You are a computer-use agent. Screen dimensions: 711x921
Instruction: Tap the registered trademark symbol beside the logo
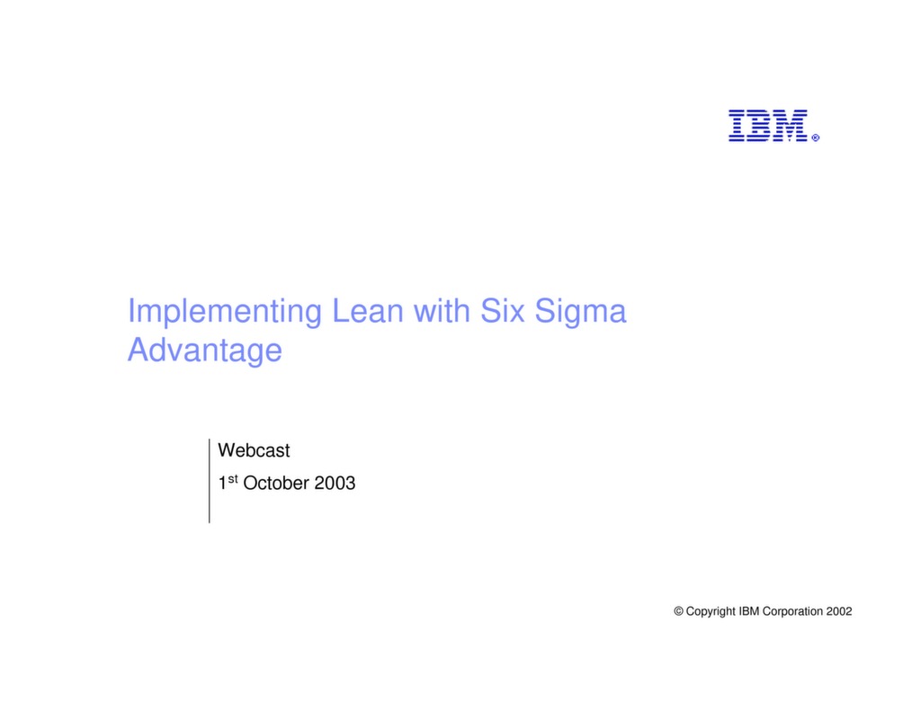pos(815,138)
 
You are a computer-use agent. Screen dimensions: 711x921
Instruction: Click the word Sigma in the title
pos(581,312)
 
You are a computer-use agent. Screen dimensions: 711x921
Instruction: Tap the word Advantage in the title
pos(204,350)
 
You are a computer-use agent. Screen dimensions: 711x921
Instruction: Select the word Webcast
pos(255,450)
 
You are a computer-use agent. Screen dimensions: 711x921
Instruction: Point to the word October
pos(276,484)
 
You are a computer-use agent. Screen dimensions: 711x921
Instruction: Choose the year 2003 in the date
pos(335,484)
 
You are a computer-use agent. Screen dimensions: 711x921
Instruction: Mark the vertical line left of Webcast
pos(209,480)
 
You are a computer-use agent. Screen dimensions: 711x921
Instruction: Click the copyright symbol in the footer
pos(678,611)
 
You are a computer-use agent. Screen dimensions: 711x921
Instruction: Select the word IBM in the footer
pos(749,611)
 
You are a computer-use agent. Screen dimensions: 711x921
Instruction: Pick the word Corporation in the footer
pos(794,611)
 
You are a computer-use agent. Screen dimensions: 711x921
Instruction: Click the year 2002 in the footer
pos(839,611)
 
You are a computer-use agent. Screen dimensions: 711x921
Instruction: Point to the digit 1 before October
pos(222,484)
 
